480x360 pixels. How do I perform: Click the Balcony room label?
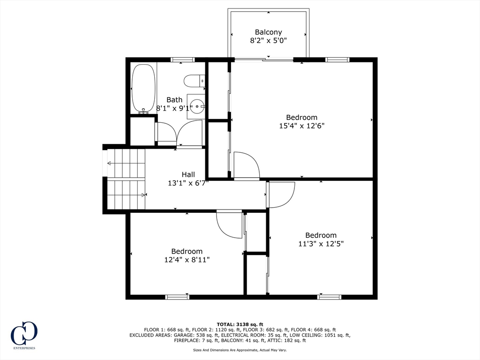tap(269, 32)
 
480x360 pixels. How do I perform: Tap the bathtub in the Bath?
tap(143, 89)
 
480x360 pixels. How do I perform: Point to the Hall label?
tap(188, 175)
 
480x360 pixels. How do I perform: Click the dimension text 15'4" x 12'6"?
tap(301, 126)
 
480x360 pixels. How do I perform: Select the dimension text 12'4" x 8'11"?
tap(187, 260)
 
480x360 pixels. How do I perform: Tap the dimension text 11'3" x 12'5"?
tap(321, 244)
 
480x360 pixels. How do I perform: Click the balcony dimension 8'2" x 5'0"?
tap(269, 41)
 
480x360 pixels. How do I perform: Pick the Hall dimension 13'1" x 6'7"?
tap(188, 183)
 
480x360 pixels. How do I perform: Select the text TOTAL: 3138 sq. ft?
tap(240, 324)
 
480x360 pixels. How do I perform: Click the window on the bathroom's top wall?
tap(182, 60)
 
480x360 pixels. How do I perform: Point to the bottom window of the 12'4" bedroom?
tap(177, 297)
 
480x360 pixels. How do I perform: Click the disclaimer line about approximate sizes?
tap(240, 350)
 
